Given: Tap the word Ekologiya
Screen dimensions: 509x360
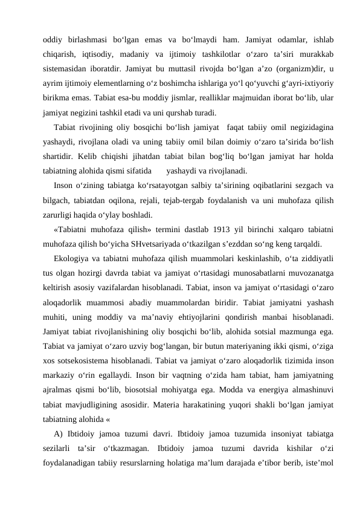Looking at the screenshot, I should [x=72, y=259].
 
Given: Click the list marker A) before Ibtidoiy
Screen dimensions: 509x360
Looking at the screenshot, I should [x=58, y=432].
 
